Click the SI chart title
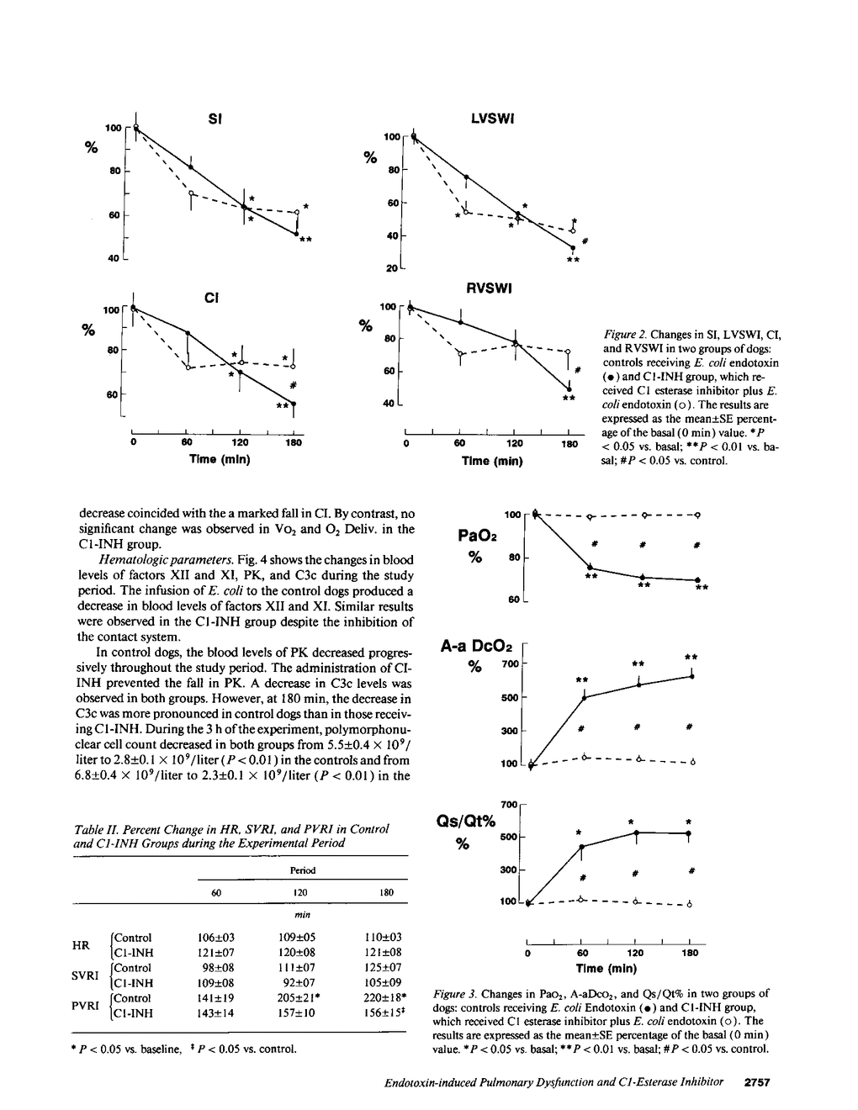(214, 119)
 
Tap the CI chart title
(211, 296)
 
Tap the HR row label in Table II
(81, 945)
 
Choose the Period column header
(302, 869)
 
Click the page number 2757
(759, 1082)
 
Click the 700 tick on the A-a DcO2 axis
(510, 664)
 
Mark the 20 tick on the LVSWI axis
(392, 268)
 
